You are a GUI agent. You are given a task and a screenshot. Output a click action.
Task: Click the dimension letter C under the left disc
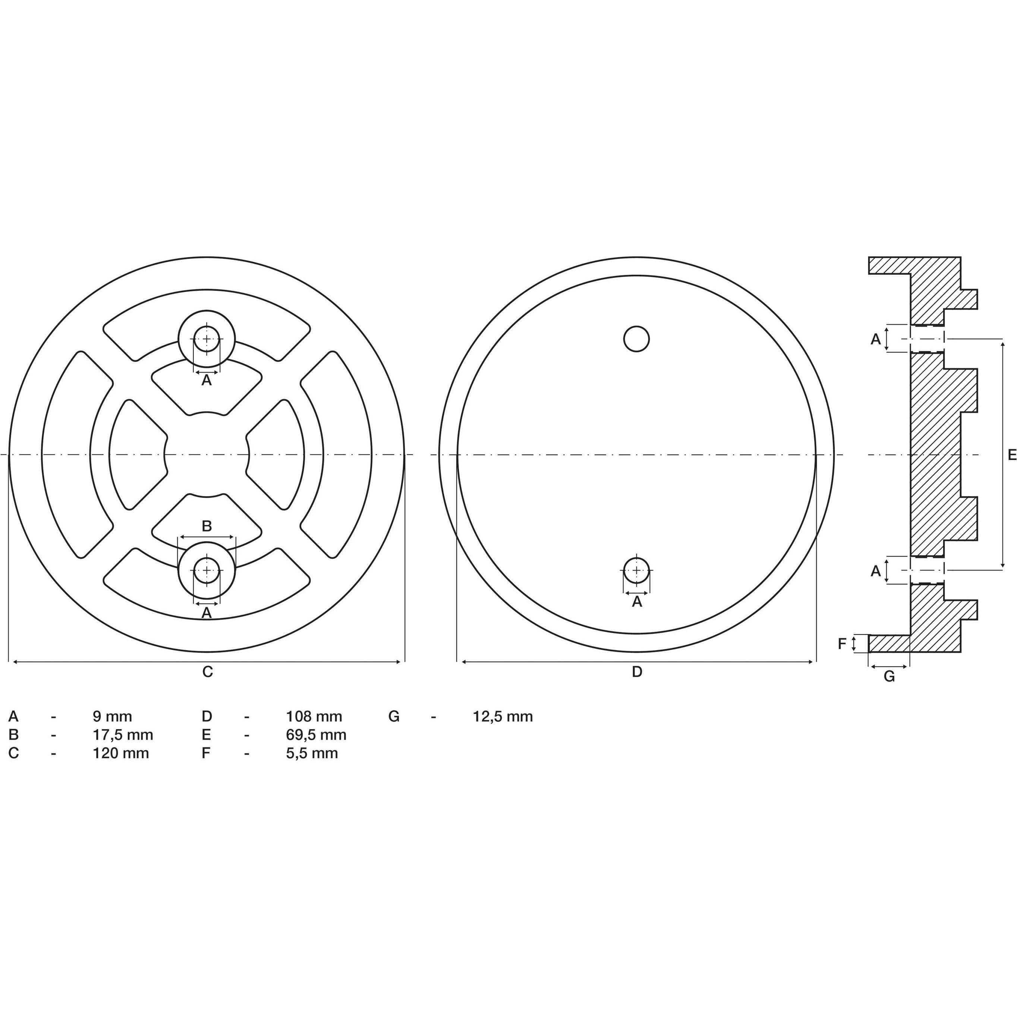pyautogui.click(x=207, y=672)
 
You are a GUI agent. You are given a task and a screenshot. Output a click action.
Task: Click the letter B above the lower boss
pyautogui.click(x=207, y=526)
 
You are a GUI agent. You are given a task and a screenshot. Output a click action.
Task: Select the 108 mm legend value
pyautogui.click(x=314, y=717)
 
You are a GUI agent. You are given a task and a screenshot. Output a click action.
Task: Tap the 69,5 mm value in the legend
pyautogui.click(x=316, y=735)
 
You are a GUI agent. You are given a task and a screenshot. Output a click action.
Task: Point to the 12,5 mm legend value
pyautogui.click(x=503, y=717)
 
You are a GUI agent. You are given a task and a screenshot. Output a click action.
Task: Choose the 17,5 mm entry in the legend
pyautogui.click(x=123, y=735)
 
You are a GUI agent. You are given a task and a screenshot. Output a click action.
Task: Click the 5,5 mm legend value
pyautogui.click(x=312, y=753)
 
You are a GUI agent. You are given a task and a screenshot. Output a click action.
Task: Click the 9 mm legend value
pyautogui.click(x=112, y=717)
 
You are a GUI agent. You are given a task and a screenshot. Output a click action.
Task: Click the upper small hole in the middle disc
pyautogui.click(x=636, y=339)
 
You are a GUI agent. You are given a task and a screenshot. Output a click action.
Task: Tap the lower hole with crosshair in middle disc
pyautogui.click(x=636, y=571)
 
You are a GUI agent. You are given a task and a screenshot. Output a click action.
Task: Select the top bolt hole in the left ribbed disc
pyautogui.click(x=207, y=339)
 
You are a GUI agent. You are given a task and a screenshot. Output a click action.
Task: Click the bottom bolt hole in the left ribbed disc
pyautogui.click(x=207, y=571)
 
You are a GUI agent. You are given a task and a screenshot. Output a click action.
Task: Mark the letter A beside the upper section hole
pyautogui.click(x=875, y=339)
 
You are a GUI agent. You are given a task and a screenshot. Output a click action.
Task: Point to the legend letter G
pyautogui.click(x=394, y=717)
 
